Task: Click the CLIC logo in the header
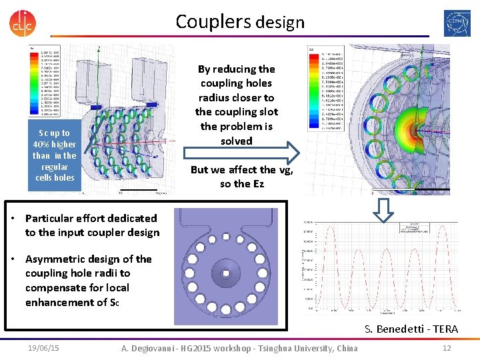[22, 23]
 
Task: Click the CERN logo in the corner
[457, 23]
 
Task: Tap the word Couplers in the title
[213, 21]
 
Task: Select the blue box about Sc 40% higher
[55, 155]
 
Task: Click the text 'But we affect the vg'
[241, 169]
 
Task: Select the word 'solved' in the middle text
[237, 141]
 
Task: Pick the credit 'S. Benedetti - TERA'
[411, 329]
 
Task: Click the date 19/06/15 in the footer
[43, 348]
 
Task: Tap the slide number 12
[447, 348]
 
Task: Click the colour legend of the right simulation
[323, 87]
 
